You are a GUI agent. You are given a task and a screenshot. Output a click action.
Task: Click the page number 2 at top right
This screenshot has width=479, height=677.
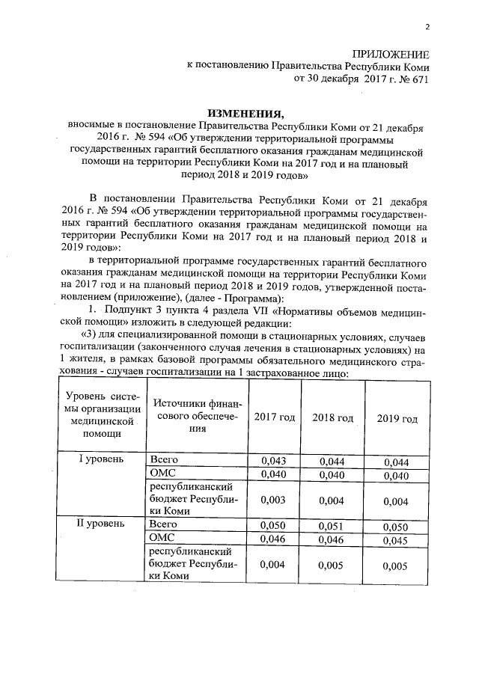click(427, 28)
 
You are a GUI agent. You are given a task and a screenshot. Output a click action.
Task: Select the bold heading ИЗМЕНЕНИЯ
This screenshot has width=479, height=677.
click(239, 113)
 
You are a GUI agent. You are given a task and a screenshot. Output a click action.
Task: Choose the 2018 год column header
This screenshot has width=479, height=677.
click(332, 417)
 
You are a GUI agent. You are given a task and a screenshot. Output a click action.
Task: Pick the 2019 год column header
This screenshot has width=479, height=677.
click(398, 418)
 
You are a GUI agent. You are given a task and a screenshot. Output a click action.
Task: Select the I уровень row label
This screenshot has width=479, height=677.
click(100, 459)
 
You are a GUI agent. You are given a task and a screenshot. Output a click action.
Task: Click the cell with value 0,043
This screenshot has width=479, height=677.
click(273, 460)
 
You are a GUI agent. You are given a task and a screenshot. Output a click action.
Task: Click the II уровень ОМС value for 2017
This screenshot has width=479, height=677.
click(273, 539)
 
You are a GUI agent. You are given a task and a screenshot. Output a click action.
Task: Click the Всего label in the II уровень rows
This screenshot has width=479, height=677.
click(163, 524)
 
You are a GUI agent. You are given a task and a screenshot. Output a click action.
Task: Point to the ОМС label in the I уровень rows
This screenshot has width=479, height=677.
click(162, 474)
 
